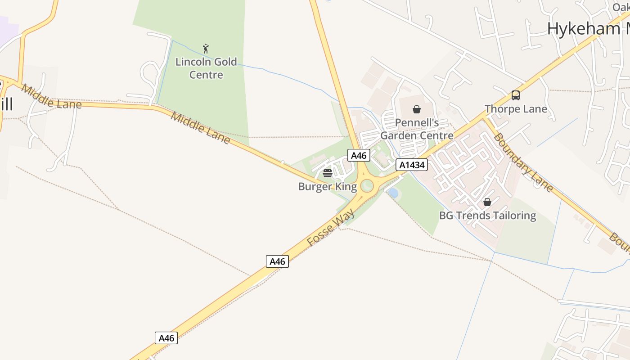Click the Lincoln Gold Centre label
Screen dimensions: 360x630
206,68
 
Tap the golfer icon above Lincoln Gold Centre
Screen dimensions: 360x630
206,49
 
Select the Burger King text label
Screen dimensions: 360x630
327,186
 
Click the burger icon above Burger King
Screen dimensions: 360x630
328,173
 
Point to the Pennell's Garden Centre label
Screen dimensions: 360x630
417,129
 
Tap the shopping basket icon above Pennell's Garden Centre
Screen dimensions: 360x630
417,109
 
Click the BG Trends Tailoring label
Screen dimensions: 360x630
487,216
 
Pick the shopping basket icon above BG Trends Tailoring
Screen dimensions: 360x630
487,202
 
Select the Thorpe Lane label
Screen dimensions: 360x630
516,109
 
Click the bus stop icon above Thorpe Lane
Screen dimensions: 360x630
516,95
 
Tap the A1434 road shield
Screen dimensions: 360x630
411,165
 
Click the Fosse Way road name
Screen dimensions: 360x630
330,227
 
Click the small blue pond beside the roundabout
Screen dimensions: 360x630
393,193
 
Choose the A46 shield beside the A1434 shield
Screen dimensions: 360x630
359,156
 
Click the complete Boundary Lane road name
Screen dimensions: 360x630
523,162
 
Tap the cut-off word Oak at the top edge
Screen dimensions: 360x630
621,7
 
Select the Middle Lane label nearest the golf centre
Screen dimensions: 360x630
200,128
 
